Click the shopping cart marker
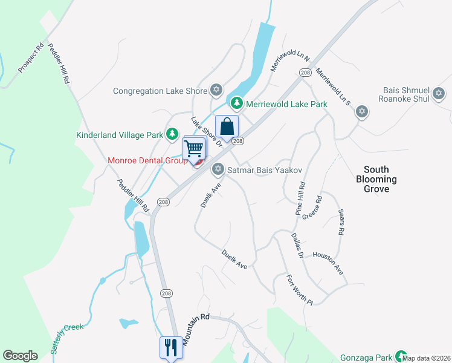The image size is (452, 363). tap(193, 149)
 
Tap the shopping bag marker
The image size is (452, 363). tap(227, 128)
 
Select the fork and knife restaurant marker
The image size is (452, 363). tap(169, 347)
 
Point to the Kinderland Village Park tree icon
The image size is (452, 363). tap(172, 134)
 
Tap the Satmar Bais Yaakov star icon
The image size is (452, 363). tap(218, 170)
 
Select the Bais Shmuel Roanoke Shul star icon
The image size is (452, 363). tap(439, 94)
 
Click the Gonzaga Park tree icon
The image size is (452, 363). tap(399, 356)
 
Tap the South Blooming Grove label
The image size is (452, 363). tap(376, 179)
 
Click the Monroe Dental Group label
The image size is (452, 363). tap(147, 161)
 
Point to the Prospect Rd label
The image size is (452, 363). tap(31, 58)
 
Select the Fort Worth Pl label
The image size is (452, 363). tap(300, 289)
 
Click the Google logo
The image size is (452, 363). tap(20, 356)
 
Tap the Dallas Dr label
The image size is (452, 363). tap(297, 246)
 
